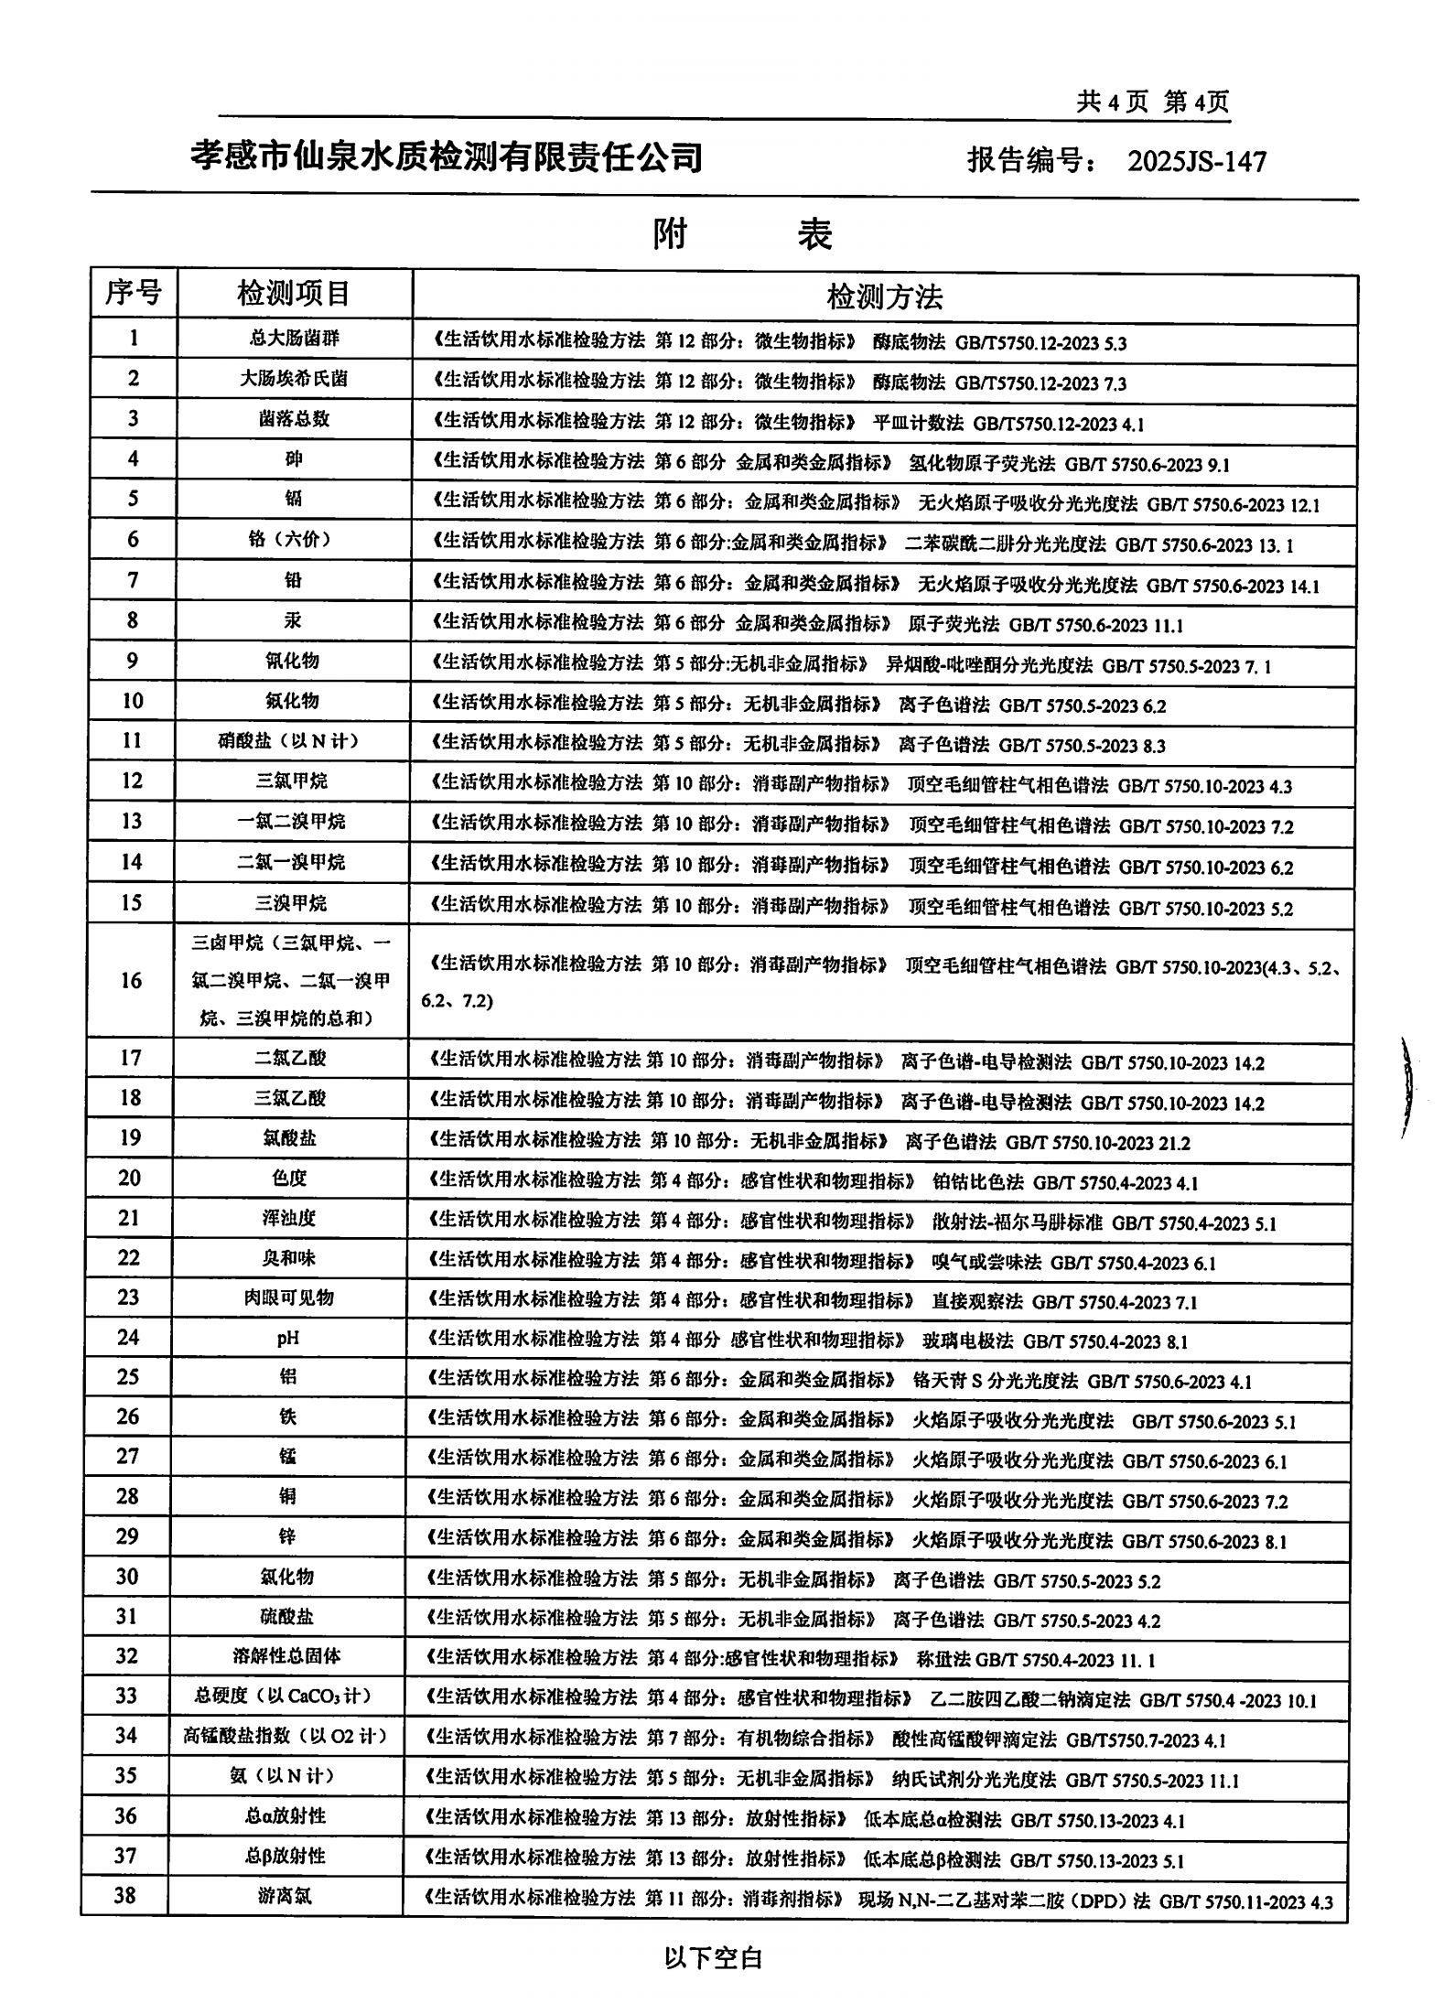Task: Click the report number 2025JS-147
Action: click(1196, 162)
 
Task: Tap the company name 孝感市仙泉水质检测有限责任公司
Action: click(447, 157)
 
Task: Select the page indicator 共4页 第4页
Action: click(1152, 102)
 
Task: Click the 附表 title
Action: click(742, 235)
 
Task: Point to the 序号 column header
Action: click(134, 294)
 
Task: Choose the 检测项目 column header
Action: click(294, 294)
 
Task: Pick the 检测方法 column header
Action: click(884, 296)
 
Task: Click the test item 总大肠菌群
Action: click(294, 339)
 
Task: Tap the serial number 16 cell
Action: click(132, 980)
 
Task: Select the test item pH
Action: click(288, 1338)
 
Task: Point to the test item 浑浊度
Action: click(289, 1218)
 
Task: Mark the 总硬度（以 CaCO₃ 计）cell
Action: click(284, 1696)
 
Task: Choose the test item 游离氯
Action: click(285, 1896)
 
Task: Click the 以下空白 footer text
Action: click(714, 1958)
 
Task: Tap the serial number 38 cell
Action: click(125, 1895)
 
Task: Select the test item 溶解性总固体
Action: click(286, 1655)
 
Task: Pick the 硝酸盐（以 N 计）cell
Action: click(288, 740)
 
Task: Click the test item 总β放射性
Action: click(286, 1856)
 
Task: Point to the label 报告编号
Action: click(1033, 161)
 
